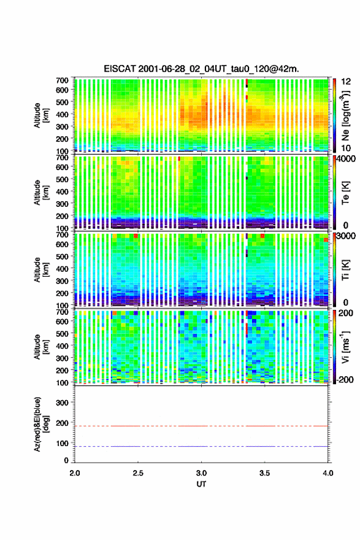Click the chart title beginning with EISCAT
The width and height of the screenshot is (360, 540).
pos(201,69)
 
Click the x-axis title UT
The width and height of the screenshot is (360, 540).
pos(201,484)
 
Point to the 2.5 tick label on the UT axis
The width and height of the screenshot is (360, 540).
pos(138,473)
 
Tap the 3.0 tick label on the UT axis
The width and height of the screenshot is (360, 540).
pos(201,473)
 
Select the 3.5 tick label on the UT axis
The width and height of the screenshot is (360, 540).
pos(265,473)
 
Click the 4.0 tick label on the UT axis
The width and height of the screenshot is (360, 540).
pos(328,473)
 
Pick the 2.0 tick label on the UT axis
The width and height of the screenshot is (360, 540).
pos(75,473)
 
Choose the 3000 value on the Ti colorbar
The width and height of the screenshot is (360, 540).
pos(346,236)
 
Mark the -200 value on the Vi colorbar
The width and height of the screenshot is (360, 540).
pos(345,379)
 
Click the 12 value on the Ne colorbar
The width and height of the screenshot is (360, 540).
pos(346,82)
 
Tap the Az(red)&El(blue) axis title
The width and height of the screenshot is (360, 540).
pos(41,424)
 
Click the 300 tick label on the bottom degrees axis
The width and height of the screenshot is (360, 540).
pos(63,403)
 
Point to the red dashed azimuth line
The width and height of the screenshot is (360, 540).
pos(201,426)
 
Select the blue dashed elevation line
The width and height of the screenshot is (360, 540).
pos(201,446)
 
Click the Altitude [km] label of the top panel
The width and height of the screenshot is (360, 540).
pos(41,115)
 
